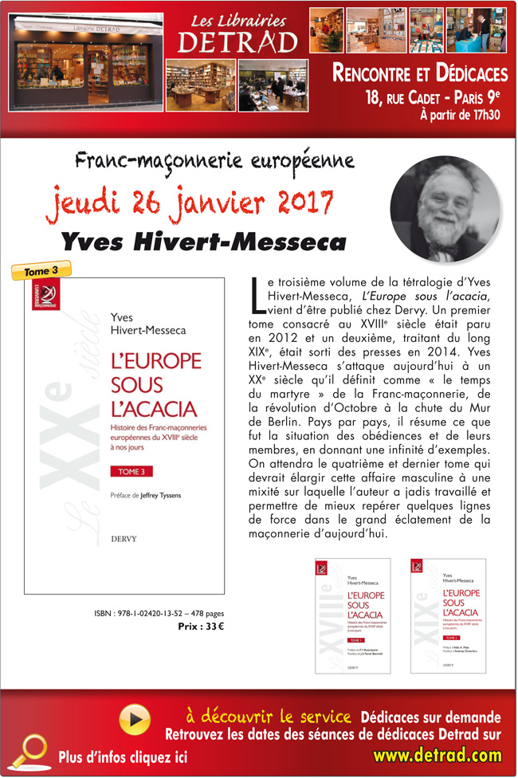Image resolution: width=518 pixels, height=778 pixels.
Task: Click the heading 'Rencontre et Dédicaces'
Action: point(420,74)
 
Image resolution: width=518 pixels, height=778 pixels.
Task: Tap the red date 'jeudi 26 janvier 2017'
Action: point(190,200)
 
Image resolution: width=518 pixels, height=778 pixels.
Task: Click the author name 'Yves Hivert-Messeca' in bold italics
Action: point(204,240)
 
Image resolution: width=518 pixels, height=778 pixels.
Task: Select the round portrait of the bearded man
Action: point(445,208)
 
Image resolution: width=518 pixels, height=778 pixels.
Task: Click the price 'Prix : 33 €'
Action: point(202,626)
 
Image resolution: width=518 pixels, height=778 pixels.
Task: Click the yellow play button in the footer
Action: point(135,720)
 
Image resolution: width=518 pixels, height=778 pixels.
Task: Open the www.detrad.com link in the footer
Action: point(438,754)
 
